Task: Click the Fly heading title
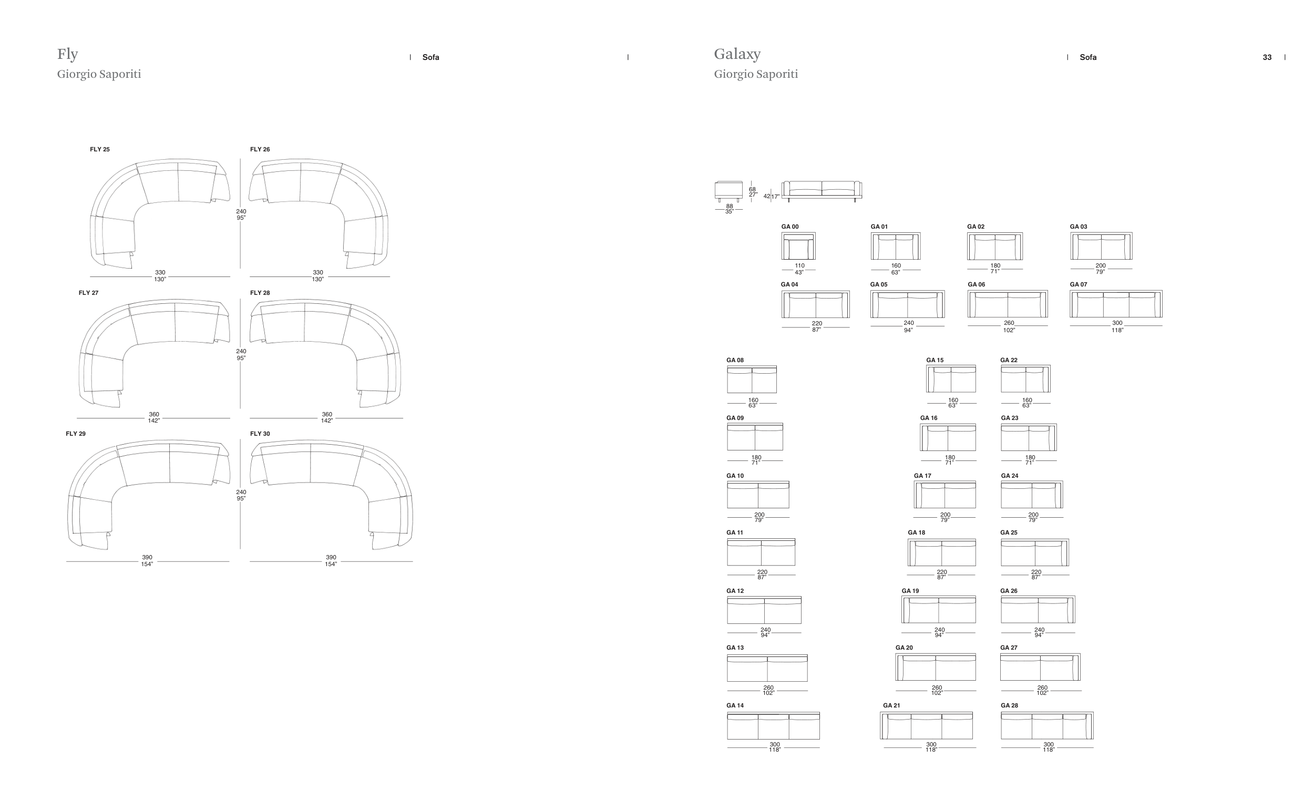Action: point(67,54)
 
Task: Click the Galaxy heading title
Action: point(737,54)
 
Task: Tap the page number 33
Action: point(1267,57)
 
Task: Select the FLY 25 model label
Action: point(100,149)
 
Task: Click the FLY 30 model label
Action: point(260,434)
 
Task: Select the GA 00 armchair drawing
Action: point(798,246)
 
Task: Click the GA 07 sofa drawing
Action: point(1116,304)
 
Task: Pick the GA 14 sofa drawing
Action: point(773,725)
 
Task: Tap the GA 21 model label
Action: point(891,705)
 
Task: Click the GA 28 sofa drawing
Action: point(1047,725)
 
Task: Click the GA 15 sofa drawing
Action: point(951,378)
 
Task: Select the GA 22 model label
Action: point(1009,360)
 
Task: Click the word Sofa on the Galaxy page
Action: point(1088,57)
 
